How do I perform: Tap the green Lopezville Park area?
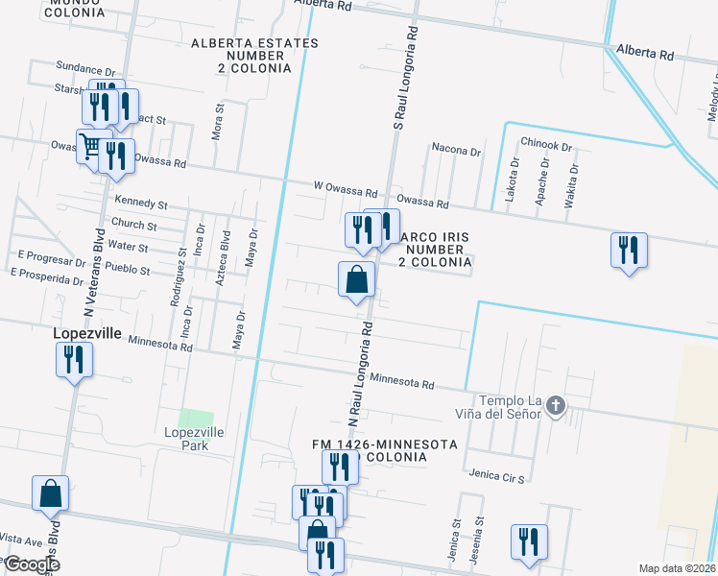(196, 418)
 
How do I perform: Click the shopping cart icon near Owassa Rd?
(91, 147)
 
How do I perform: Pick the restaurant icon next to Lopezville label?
(74, 360)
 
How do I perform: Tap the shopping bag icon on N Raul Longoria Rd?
(356, 279)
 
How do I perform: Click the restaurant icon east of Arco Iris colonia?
(629, 250)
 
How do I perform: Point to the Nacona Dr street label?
(456, 151)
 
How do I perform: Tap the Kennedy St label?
(141, 204)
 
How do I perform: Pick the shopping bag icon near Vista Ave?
(50, 493)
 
